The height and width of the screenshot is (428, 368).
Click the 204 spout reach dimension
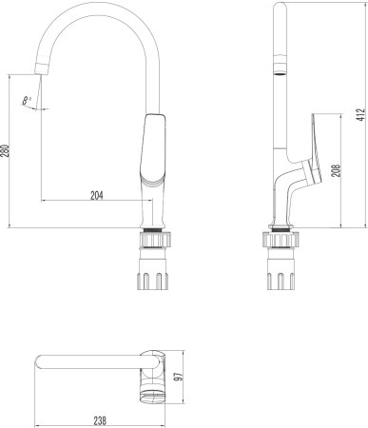[96, 195]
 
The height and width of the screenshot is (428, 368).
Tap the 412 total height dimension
[358, 117]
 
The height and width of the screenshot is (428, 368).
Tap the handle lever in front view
[153, 152]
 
